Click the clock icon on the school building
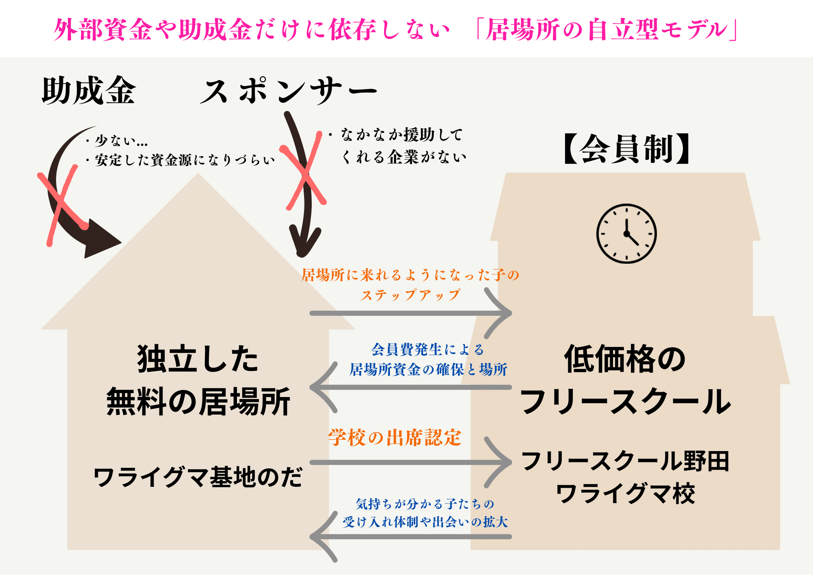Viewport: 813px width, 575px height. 626,234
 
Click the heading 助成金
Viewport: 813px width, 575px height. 89,90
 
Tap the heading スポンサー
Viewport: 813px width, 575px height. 289,90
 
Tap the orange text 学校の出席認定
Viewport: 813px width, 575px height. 395,438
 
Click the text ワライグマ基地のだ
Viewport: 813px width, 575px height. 198,477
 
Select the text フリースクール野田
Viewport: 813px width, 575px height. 626,461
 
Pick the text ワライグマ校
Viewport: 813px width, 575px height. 626,494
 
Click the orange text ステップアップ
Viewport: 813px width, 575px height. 411,295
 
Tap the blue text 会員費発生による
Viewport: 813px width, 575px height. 428,349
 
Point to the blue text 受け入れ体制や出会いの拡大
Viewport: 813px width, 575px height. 425,522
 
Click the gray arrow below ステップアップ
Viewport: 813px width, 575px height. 411,313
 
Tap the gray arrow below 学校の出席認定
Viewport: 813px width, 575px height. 411,462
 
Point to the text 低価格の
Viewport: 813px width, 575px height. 625,359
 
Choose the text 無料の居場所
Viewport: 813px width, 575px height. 198,401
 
